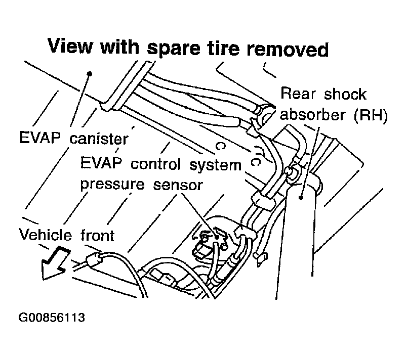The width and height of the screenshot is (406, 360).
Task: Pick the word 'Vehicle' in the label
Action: click(x=46, y=235)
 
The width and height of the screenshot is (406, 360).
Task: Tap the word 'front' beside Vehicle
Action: click(x=98, y=235)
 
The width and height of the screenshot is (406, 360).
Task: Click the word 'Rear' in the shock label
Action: click(x=298, y=94)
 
